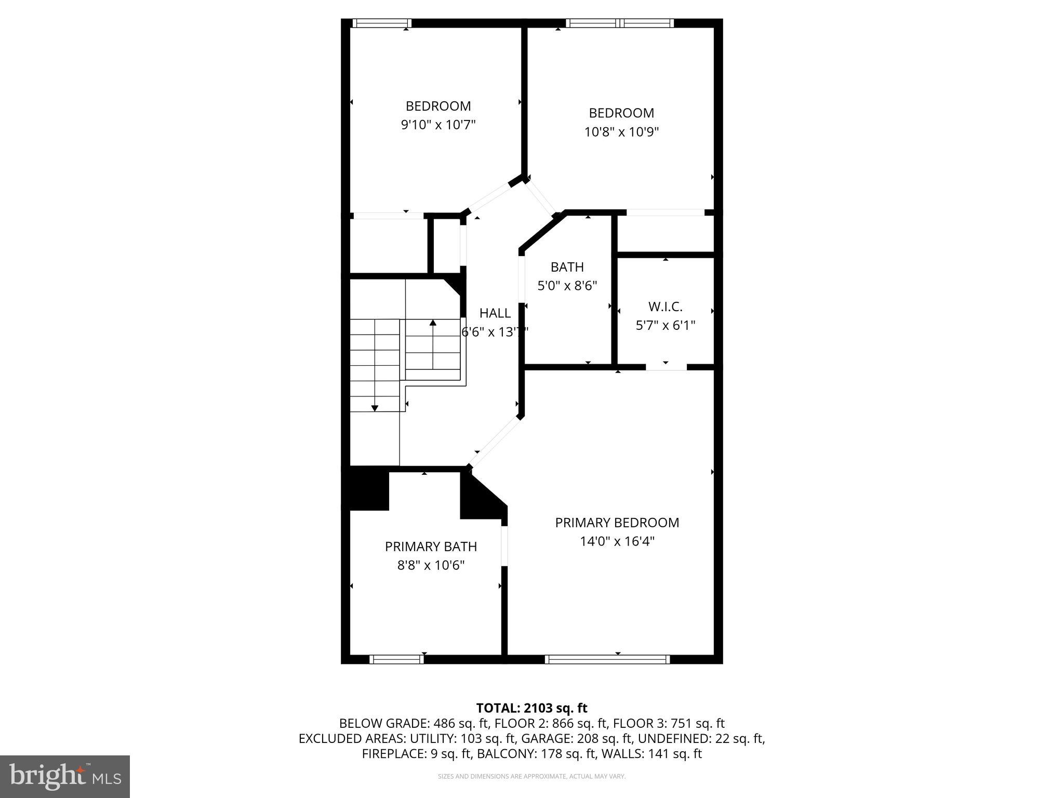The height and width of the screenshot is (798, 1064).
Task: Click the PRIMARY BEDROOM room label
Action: click(x=617, y=523)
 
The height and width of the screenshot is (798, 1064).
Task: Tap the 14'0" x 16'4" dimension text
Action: click(x=617, y=541)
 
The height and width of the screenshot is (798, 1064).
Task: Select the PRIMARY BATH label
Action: click(x=431, y=547)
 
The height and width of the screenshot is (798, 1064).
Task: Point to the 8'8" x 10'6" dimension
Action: click(x=431, y=565)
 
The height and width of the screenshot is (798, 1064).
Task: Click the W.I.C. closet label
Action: click(x=665, y=307)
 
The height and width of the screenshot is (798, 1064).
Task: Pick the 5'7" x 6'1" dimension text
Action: click(x=665, y=325)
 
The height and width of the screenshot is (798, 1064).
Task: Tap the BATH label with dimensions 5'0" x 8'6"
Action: click(x=567, y=267)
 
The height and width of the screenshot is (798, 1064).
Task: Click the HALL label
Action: click(x=495, y=313)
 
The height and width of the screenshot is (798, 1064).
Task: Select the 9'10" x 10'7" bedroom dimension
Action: click(x=438, y=125)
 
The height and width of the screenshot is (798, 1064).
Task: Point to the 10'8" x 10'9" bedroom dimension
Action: click(x=621, y=132)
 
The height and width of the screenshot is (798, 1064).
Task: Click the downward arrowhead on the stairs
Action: click(x=375, y=408)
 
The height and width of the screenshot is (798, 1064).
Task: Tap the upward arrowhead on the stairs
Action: click(x=433, y=323)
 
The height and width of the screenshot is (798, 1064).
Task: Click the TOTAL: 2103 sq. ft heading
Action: click(x=531, y=708)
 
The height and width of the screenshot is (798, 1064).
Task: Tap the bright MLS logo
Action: click(x=65, y=777)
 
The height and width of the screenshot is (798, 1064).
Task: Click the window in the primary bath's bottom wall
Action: click(x=396, y=659)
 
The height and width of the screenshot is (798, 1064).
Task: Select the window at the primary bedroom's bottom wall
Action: click(x=607, y=659)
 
